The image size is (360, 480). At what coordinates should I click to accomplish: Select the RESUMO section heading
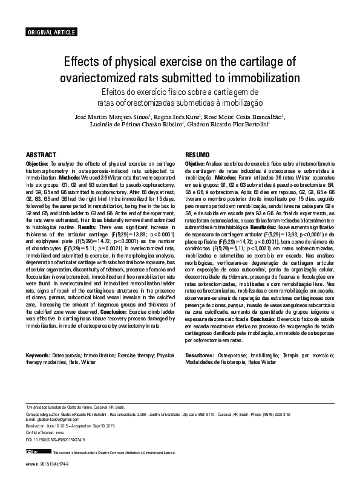pyautogui.click(x=197, y=155)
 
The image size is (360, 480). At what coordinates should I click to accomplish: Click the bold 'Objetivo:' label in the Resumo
pyautogui.click(x=195, y=164)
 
